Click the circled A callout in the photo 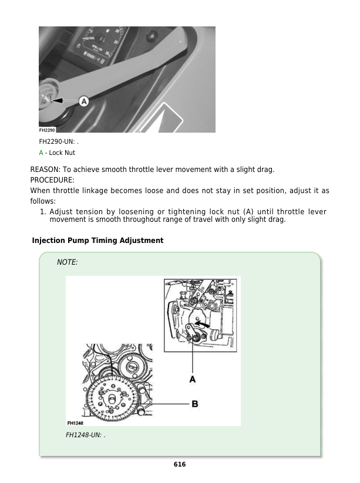(x=83, y=102)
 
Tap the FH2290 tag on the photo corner (x=48, y=130)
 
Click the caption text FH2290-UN (x=57, y=142)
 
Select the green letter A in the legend (x=41, y=153)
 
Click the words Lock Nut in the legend (x=62, y=153)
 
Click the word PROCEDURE (x=52, y=180)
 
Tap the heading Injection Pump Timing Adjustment (x=97, y=241)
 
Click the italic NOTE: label (x=67, y=262)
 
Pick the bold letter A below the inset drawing (x=193, y=380)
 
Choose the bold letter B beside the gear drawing (x=194, y=403)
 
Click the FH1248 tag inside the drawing (x=75, y=423)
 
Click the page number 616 (x=180, y=464)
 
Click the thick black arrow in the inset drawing (x=201, y=323)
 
